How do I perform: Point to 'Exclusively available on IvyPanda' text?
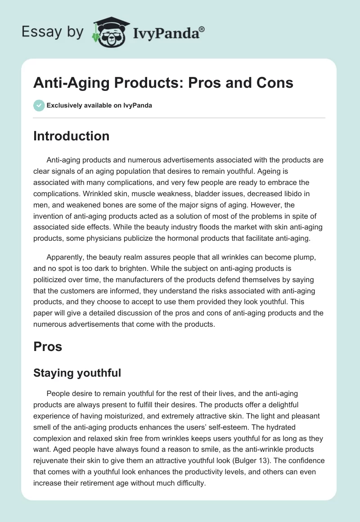[99, 105]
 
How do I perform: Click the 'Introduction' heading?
[71, 136]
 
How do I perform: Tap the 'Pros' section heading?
[47, 346]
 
